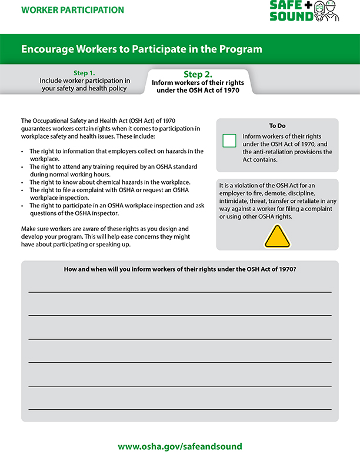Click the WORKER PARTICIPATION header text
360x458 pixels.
pos(72,10)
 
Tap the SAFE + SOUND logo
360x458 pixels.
pos(291,11)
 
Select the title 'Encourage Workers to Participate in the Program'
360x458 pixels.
pos(142,49)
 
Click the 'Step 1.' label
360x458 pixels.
pos(84,73)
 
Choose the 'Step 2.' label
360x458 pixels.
pos(198,74)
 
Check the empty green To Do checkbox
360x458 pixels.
pos(229,141)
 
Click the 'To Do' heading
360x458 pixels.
pos(277,126)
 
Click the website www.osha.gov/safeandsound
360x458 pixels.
pos(180,446)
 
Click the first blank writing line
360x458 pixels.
pos(179,291)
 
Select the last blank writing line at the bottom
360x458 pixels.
pos(179,409)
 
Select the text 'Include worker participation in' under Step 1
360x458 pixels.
pos(85,81)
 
